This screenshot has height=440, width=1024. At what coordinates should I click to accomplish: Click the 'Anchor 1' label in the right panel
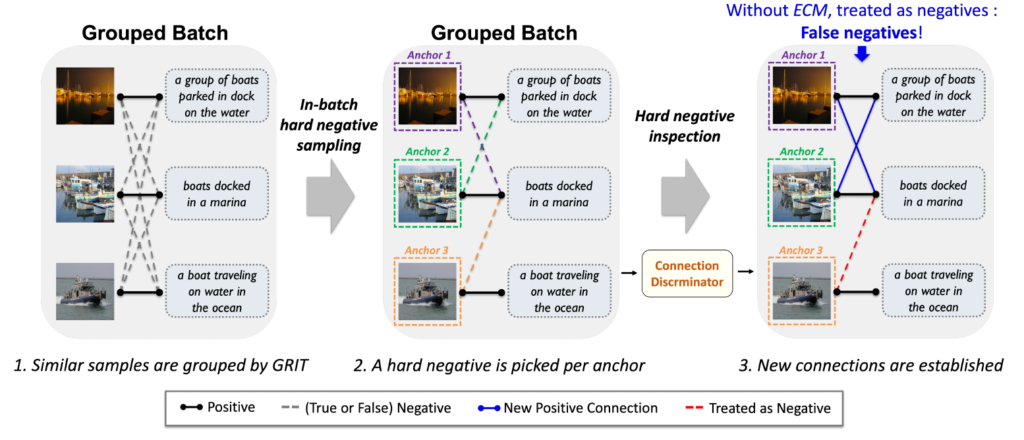(x=802, y=56)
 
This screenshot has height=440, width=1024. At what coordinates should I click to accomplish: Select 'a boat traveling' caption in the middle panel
(x=558, y=290)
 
